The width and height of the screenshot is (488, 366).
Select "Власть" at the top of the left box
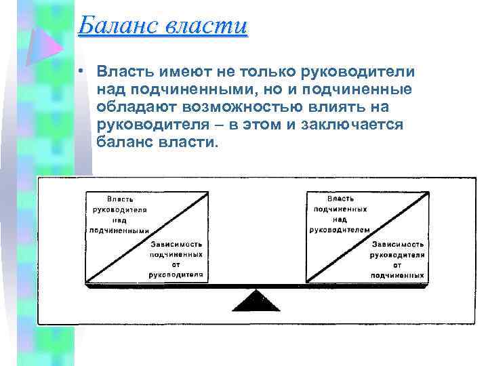(119, 199)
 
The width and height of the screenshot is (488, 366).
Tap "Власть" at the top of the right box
(340, 199)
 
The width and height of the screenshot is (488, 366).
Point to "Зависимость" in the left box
(177, 243)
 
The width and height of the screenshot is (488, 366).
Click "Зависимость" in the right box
(398, 243)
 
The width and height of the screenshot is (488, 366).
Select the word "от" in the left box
(177, 265)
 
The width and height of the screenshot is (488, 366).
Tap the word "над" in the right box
(340, 220)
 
